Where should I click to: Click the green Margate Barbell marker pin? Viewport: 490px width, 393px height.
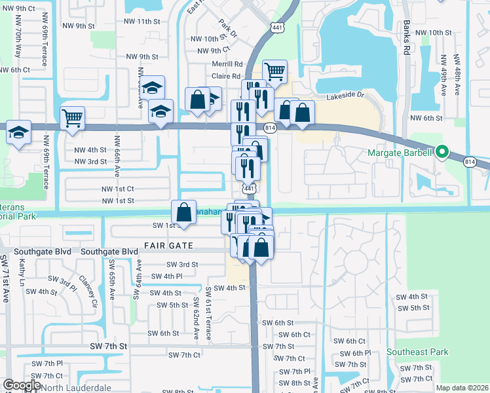tap(442, 153)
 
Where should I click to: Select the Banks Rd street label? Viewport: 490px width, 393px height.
tap(407, 40)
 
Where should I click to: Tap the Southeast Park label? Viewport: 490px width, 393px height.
tap(417, 352)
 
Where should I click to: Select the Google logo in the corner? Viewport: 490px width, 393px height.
tap(21, 386)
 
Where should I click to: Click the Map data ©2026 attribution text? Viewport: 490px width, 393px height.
tap(462, 388)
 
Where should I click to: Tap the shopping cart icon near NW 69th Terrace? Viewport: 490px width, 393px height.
tap(72, 118)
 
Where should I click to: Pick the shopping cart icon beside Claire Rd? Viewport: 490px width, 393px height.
tap(274, 71)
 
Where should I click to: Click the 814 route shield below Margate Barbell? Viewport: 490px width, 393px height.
tap(470, 162)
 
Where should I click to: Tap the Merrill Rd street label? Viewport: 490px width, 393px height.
tap(227, 65)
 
